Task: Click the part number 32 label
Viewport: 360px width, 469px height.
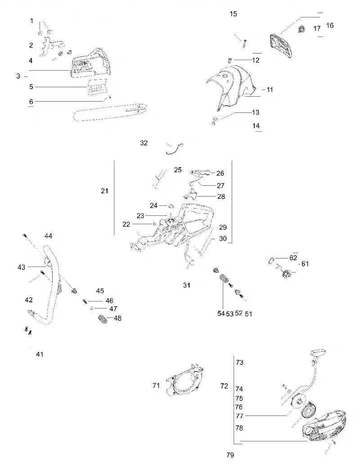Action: click(x=144, y=143)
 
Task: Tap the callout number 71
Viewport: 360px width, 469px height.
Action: click(x=156, y=385)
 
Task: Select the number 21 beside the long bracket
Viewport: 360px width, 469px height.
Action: click(x=104, y=191)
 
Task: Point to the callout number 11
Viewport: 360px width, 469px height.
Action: click(x=270, y=90)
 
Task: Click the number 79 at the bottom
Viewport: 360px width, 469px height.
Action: click(x=230, y=455)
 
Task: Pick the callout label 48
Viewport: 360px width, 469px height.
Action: click(x=117, y=318)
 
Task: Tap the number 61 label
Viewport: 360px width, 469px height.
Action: click(x=305, y=264)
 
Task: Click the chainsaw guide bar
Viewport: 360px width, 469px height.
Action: click(x=110, y=112)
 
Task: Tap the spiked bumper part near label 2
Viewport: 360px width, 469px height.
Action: click(x=51, y=46)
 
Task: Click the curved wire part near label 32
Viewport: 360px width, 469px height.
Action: click(x=175, y=148)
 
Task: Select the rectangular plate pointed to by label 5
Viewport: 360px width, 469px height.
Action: click(x=97, y=87)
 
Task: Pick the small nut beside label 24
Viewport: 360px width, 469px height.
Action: click(x=171, y=205)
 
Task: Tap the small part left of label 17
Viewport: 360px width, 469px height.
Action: click(x=301, y=29)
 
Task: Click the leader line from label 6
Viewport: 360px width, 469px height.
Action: click(x=69, y=101)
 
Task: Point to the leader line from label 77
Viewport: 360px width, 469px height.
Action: click(x=266, y=416)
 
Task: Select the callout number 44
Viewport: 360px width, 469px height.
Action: click(x=48, y=236)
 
